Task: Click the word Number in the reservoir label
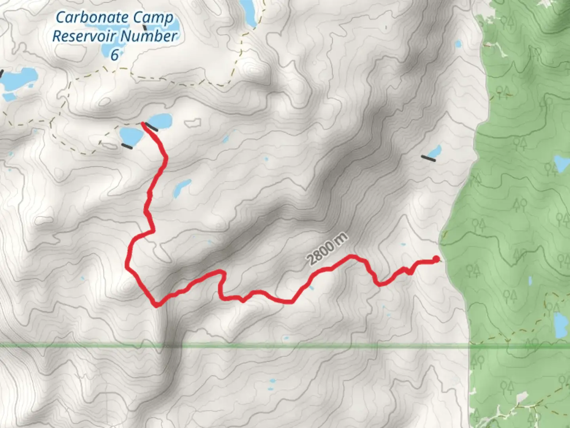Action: (148, 36)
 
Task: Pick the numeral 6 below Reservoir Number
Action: (114, 55)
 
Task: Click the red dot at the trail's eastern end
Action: (436, 260)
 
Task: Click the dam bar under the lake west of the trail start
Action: (127, 146)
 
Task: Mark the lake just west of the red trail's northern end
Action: (132, 136)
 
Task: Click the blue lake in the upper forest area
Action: (561, 162)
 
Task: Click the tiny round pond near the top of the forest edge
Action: (458, 44)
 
